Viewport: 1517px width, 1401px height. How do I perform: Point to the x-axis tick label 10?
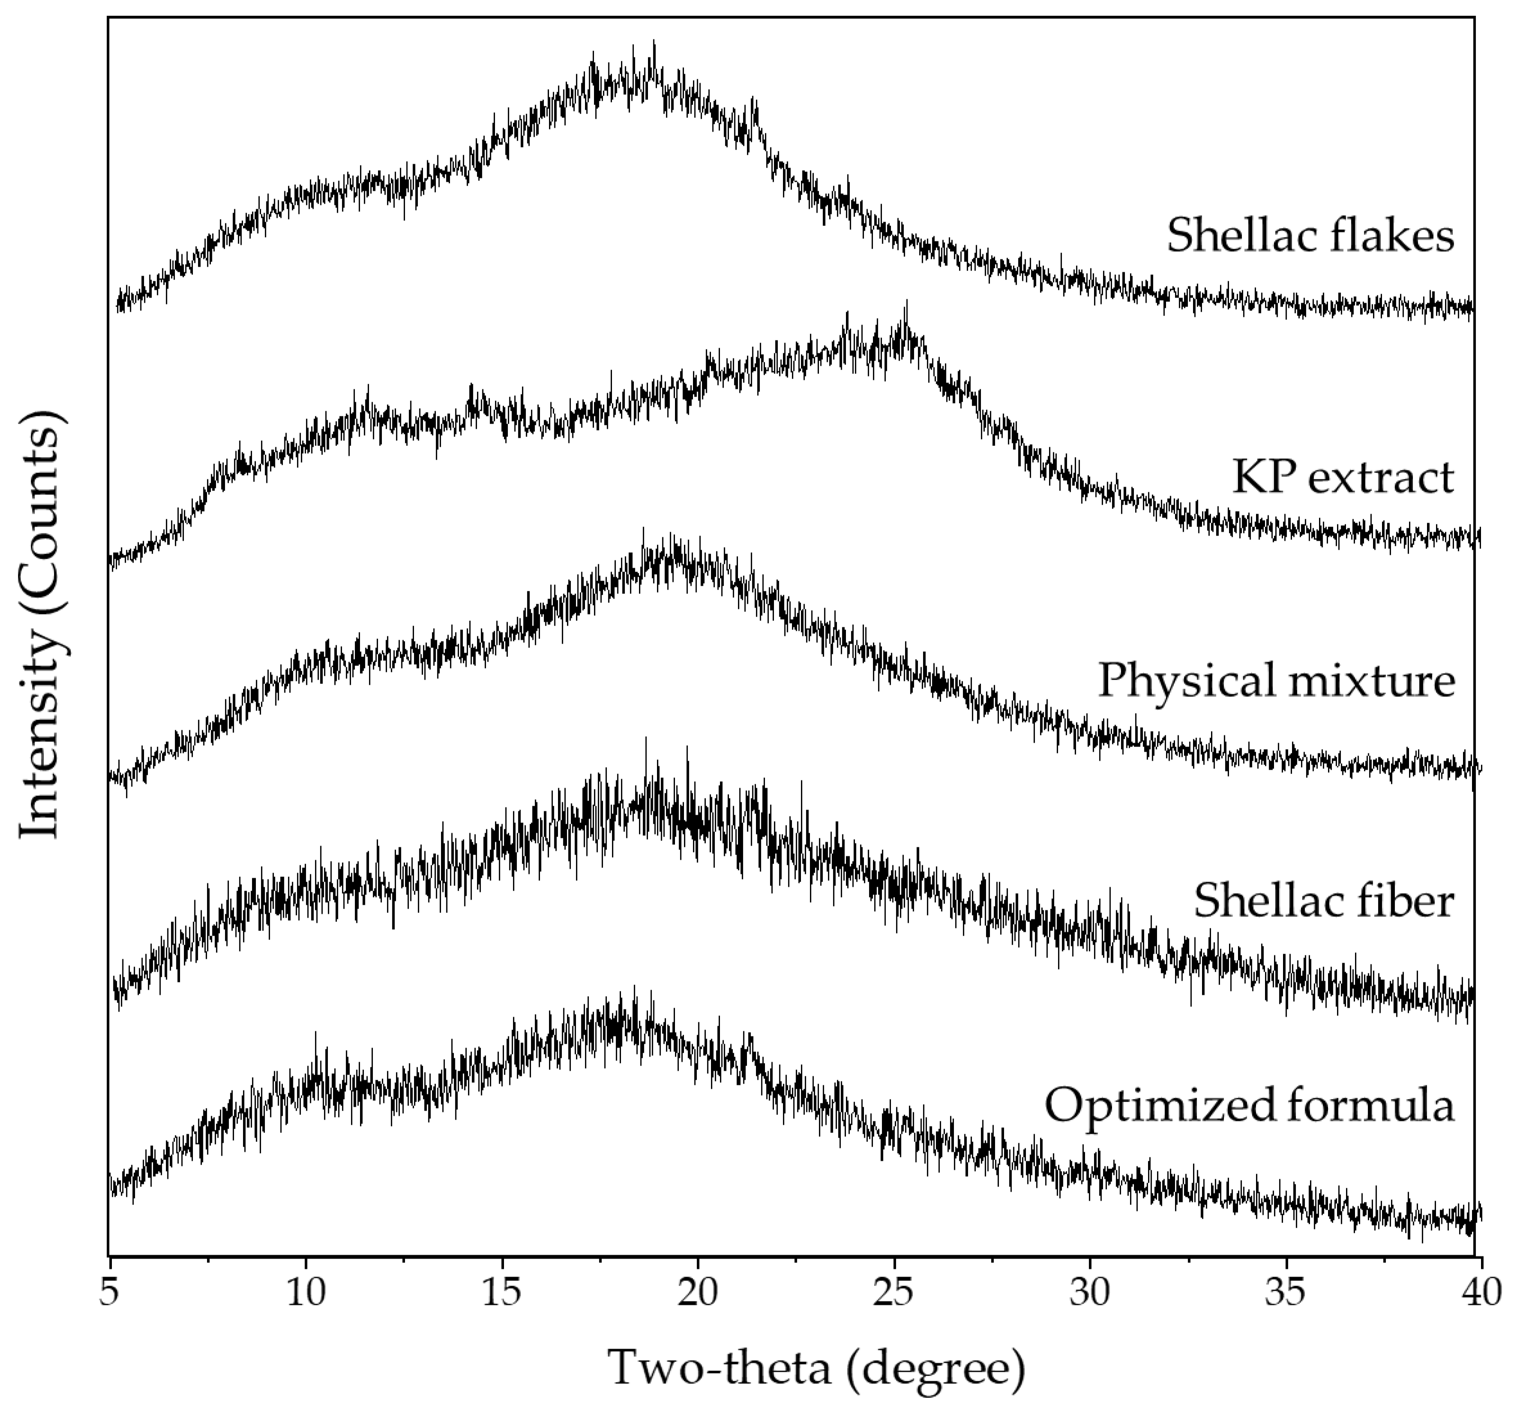pos(305,1292)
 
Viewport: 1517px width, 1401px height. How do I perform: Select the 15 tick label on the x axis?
pos(502,1292)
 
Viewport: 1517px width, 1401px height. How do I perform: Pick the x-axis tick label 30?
pos(1090,1292)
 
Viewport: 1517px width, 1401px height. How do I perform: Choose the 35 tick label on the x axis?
pos(1286,1292)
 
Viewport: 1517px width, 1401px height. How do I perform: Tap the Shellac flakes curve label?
pos(1310,235)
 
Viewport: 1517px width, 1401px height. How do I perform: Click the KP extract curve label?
pos(1343,478)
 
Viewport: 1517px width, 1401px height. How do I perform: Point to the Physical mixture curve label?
pos(1276,680)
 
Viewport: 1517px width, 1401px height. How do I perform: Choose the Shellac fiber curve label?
pos(1324,901)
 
